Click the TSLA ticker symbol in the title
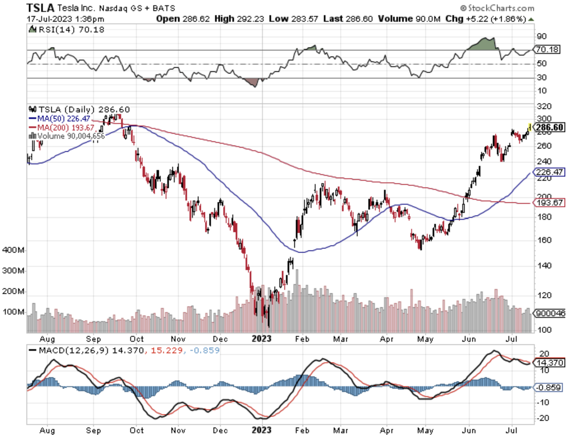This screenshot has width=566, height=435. pos(40,8)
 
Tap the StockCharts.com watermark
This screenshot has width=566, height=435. pos(497,8)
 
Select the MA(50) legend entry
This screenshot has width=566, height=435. pos(60,119)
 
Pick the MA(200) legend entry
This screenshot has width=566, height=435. pos(61,128)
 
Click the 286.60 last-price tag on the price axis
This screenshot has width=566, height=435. pos(549,127)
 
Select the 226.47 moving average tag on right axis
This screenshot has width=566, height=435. pos(549,172)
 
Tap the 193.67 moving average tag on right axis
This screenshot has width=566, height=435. pos(549,203)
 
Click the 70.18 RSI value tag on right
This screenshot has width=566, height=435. pos(547,49)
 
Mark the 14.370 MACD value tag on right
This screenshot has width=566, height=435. pos(549,362)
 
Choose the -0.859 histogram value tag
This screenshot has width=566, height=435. pos(549,388)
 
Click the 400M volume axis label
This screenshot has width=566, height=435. pos(13,250)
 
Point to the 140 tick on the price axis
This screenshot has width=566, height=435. pos(544,266)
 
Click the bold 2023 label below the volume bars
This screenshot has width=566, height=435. pos(262,339)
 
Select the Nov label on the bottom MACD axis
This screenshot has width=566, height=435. pos(178,430)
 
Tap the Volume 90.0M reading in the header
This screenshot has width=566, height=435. pos(409,19)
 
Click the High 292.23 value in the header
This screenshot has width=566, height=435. pos(239,19)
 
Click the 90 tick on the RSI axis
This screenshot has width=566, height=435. pos(541,36)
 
